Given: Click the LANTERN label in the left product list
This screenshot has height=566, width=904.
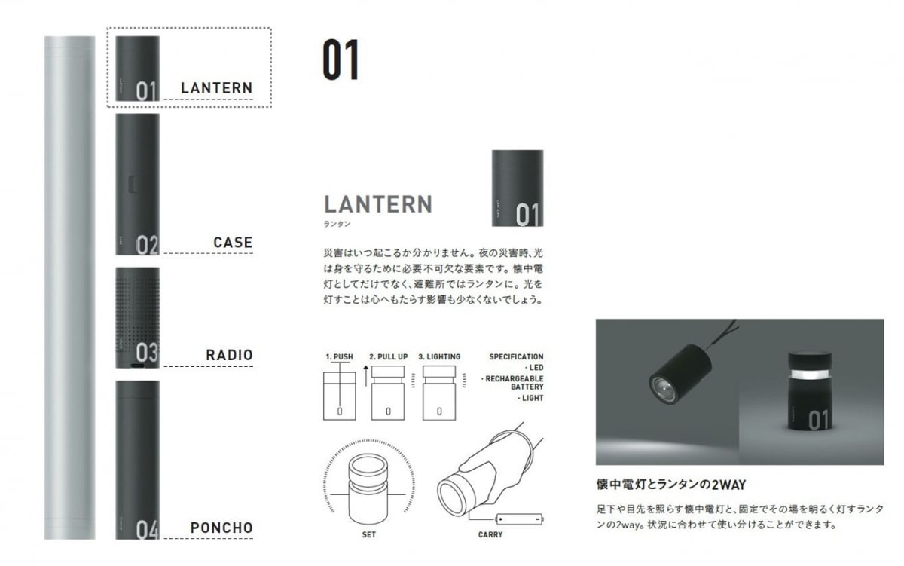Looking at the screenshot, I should [x=216, y=87].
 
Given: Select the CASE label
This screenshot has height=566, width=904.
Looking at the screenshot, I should [x=233, y=243].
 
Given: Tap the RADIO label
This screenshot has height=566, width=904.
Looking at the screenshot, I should [x=229, y=355].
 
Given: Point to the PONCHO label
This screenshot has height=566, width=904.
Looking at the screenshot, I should [x=221, y=528].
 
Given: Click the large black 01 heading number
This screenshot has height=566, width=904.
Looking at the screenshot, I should [x=341, y=61].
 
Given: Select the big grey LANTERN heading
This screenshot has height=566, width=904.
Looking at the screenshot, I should [x=378, y=203].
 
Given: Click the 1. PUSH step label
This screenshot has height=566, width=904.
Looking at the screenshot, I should [x=339, y=356].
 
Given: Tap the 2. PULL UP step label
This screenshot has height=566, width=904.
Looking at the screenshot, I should [x=388, y=356].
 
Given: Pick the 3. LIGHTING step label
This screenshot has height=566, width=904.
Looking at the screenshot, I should [x=439, y=356].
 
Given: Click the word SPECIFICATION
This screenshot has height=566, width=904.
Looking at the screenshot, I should [x=516, y=356].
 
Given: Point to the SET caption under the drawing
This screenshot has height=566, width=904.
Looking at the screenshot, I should [x=369, y=535].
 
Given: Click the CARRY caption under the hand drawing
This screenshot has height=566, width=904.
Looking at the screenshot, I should [x=490, y=535].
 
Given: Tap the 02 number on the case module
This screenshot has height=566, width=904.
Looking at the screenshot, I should [x=147, y=246].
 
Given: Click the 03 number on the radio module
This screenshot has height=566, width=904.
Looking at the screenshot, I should [x=147, y=353].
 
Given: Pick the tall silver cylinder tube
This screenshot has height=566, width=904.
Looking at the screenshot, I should [x=69, y=286].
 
